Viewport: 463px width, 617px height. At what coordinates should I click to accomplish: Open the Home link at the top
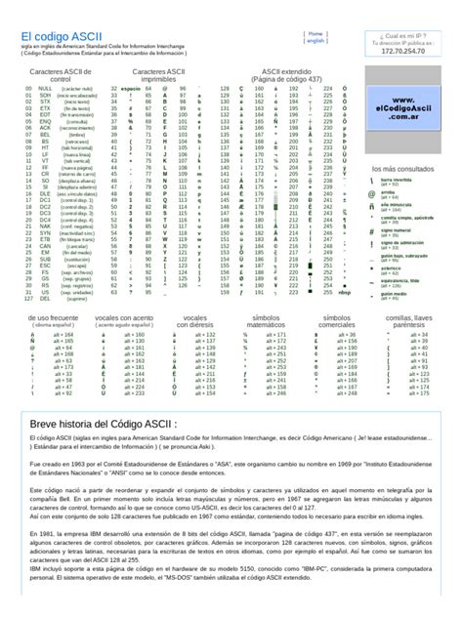(x=316, y=32)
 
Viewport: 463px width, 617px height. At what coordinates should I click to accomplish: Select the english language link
(x=316, y=41)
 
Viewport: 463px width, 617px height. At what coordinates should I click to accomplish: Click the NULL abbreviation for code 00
(x=45, y=88)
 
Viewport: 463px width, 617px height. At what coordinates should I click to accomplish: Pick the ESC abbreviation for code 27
(x=44, y=265)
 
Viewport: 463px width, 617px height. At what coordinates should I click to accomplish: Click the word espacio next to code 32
(x=131, y=88)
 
